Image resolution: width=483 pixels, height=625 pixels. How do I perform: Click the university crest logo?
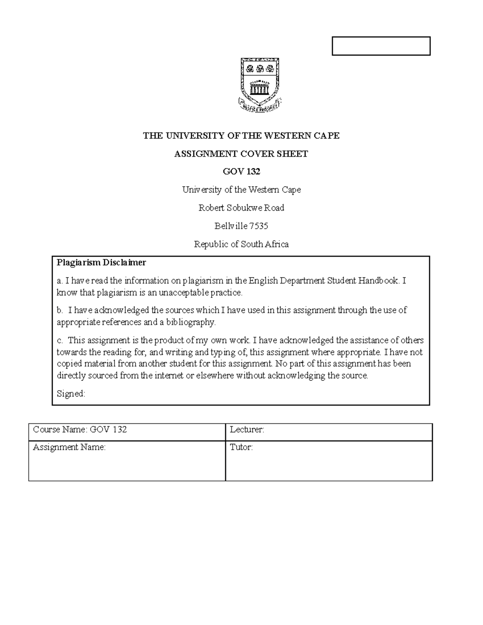pyautogui.click(x=260, y=83)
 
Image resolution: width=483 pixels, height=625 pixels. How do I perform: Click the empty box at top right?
pyautogui.click(x=381, y=46)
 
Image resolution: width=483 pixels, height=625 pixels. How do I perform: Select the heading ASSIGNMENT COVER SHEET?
pyautogui.click(x=241, y=154)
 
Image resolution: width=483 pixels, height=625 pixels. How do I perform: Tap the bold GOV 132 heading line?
pyautogui.click(x=242, y=171)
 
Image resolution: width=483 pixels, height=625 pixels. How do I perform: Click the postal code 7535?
pyautogui.click(x=258, y=226)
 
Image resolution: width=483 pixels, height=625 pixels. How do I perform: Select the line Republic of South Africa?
pyautogui.click(x=241, y=244)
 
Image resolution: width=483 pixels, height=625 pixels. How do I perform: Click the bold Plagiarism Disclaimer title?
pyautogui.click(x=101, y=263)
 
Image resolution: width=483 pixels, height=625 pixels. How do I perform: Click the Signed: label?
pyautogui.click(x=71, y=394)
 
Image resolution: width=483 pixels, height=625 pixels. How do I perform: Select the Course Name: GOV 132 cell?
pyautogui.click(x=80, y=429)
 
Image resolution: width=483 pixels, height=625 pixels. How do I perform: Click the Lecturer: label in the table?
pyautogui.click(x=247, y=429)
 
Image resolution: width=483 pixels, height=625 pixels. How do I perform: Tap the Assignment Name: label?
pyautogui.click(x=69, y=447)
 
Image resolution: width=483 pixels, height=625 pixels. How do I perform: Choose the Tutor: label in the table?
pyautogui.click(x=241, y=447)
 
